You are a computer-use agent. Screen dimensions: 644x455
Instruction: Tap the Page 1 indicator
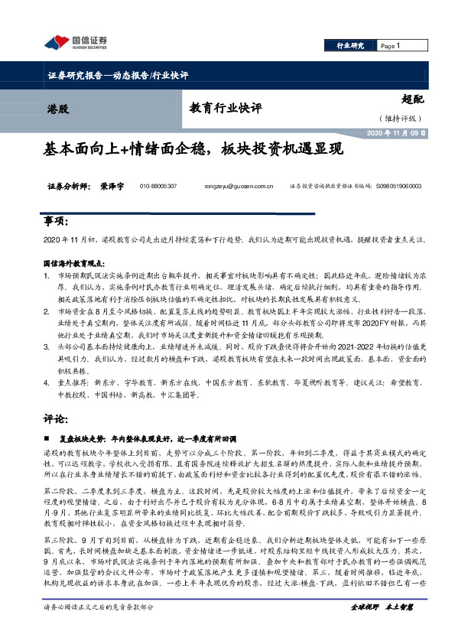[x=392, y=46]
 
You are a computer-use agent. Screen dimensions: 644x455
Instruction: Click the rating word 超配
[x=411, y=99]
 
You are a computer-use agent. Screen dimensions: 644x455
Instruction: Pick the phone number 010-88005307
[x=158, y=186]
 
